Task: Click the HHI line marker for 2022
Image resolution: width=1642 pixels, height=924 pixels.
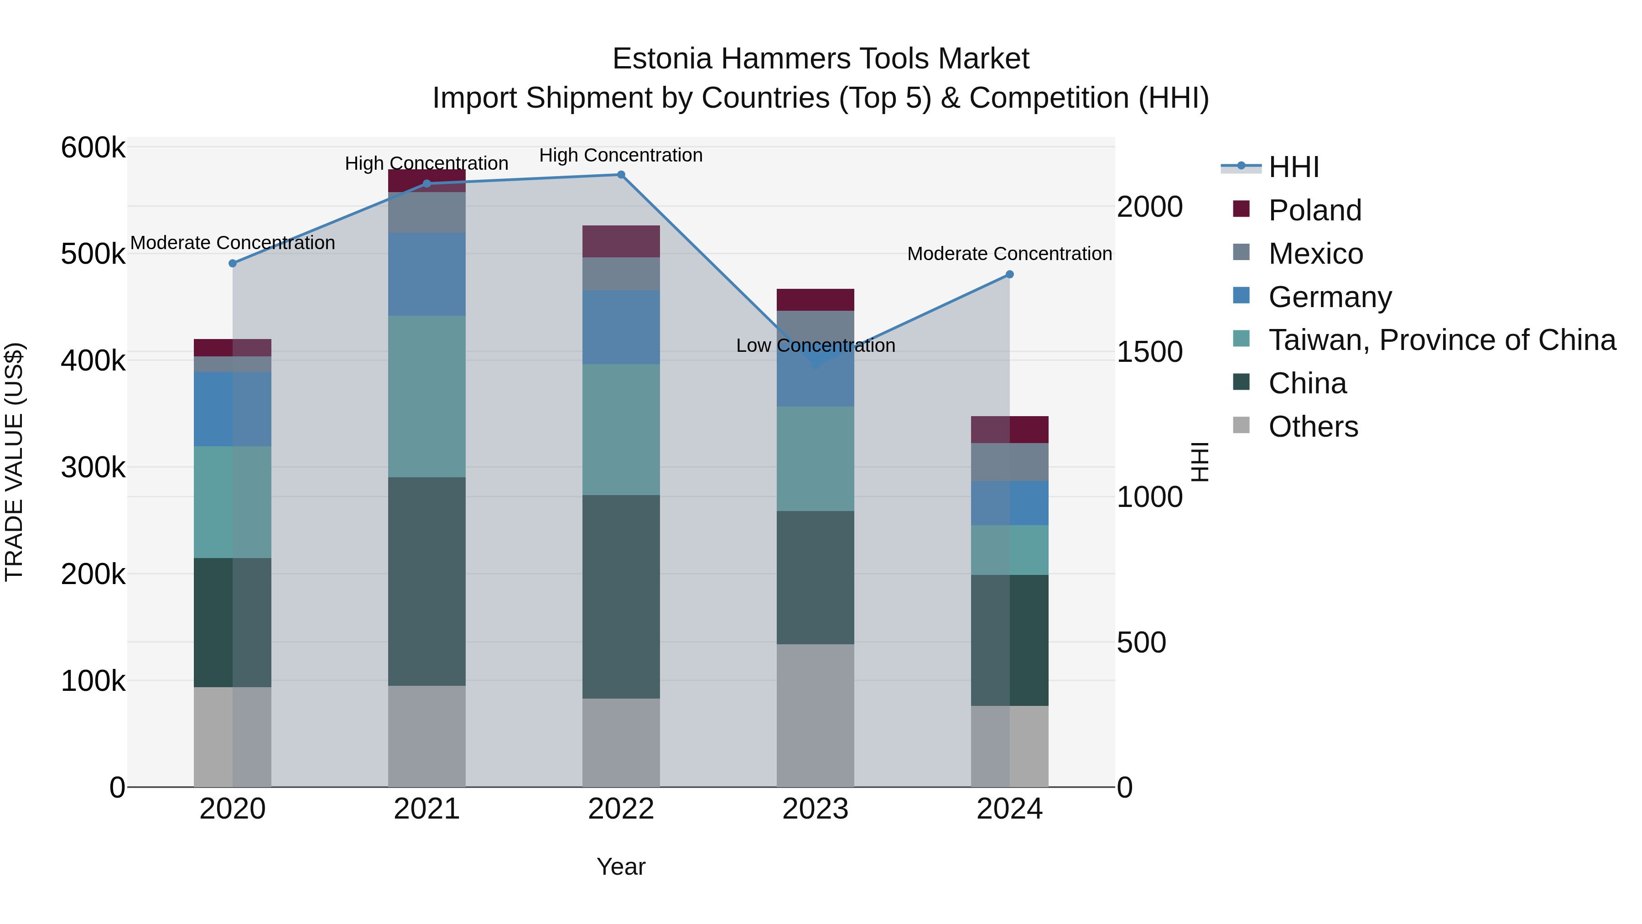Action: click(621, 175)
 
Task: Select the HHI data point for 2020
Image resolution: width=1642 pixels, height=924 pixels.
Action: click(233, 263)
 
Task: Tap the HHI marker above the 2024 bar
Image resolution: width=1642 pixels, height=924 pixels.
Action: click(1010, 275)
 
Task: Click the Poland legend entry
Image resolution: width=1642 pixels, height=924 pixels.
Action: click(1315, 210)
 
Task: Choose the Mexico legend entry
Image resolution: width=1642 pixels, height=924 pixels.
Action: click(1315, 254)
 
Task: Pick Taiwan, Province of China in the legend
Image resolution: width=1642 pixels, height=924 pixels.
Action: click(1442, 340)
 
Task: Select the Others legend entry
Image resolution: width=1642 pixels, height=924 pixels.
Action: click(1313, 427)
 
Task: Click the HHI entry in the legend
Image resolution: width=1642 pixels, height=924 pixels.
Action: click(1294, 167)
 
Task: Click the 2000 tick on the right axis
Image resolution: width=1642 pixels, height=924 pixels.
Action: click(1150, 207)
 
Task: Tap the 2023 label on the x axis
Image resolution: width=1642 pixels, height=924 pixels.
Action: click(815, 809)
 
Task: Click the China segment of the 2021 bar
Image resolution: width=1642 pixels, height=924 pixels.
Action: click(427, 582)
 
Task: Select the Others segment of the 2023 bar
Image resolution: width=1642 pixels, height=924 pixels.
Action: click(815, 715)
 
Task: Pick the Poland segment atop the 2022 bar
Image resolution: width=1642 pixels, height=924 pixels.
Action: click(621, 242)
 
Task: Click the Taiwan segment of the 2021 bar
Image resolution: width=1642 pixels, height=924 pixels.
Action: click(427, 397)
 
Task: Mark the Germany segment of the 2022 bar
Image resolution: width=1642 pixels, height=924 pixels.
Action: click(621, 328)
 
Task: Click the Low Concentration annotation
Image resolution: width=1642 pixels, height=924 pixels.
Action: click(815, 345)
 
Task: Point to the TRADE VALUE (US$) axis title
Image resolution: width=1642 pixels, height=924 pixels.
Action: click(14, 462)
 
